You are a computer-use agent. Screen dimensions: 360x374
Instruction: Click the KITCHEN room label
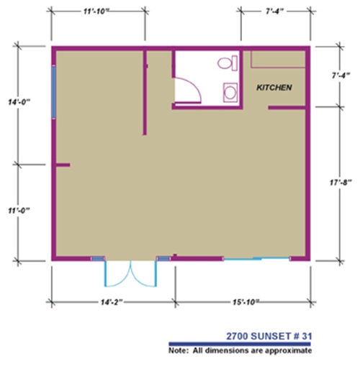coord(274,88)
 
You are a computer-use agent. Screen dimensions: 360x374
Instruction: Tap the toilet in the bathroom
coord(228,63)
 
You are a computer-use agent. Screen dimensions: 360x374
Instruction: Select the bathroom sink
coord(230,93)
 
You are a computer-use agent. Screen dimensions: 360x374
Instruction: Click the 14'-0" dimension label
coord(19,102)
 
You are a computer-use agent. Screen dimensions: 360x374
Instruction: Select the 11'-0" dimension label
coord(19,211)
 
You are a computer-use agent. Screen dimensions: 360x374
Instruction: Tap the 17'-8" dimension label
coord(341,183)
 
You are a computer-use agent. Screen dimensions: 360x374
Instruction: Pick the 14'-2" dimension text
coord(112,302)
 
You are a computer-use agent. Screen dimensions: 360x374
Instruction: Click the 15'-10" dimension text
coord(246,302)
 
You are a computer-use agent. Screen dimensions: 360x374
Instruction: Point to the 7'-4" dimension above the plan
coord(275,12)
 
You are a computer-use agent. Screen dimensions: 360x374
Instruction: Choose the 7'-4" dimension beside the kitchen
coord(341,76)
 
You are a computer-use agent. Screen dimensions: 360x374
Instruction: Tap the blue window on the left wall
coord(54,92)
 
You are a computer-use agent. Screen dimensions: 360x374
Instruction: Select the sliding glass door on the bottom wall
coord(256,259)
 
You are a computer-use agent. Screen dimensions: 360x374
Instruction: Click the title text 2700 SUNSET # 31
coord(269,337)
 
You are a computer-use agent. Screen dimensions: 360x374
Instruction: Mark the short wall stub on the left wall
coord(63,165)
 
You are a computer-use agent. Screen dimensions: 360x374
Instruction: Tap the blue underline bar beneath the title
coord(240,344)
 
